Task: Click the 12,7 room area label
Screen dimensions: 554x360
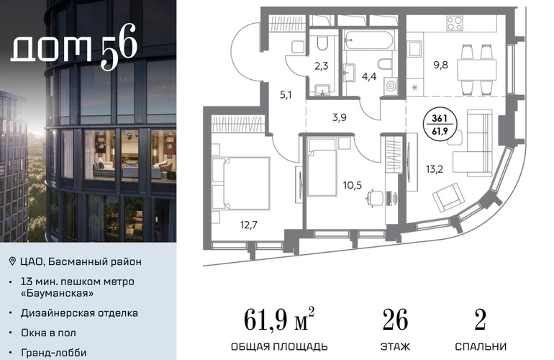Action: [x=249, y=225]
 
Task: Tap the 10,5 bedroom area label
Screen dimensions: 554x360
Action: [x=353, y=184]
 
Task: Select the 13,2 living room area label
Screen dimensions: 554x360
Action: [x=435, y=169]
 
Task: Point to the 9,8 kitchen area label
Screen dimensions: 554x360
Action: [x=440, y=65]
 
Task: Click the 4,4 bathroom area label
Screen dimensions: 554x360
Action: [x=369, y=76]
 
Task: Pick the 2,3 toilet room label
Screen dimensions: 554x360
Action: [x=321, y=66]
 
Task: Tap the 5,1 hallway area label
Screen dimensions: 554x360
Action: [x=286, y=95]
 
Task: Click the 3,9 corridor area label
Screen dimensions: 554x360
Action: [x=339, y=117]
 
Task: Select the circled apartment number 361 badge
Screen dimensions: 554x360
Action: [x=440, y=125]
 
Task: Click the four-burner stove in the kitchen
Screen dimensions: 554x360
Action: [x=455, y=24]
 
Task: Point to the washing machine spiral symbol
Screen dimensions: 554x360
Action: [x=391, y=86]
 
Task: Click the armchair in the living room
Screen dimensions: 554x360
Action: [x=448, y=197]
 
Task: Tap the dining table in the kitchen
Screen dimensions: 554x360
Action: [x=476, y=70]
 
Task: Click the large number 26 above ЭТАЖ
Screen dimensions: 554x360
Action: [x=395, y=320]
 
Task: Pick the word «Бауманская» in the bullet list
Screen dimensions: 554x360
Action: [x=58, y=293]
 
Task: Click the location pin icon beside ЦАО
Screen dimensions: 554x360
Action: [x=12, y=261]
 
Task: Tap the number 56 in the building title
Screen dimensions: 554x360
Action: [x=119, y=46]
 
